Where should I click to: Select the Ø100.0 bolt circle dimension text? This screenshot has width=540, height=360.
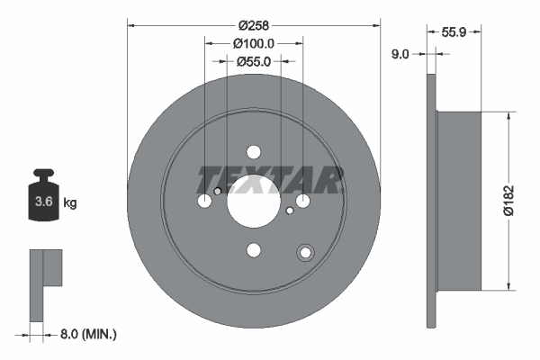pyautogui.click(x=253, y=42)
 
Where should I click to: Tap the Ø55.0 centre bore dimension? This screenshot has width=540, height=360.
pyautogui.click(x=253, y=62)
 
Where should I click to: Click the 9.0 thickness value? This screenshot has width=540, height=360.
pyautogui.click(x=401, y=54)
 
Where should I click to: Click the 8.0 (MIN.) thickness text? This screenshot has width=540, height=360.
pyautogui.click(x=87, y=334)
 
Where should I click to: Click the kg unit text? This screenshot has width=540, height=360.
pyautogui.click(x=70, y=203)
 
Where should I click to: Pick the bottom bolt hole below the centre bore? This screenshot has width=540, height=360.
pyautogui.click(x=253, y=250)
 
